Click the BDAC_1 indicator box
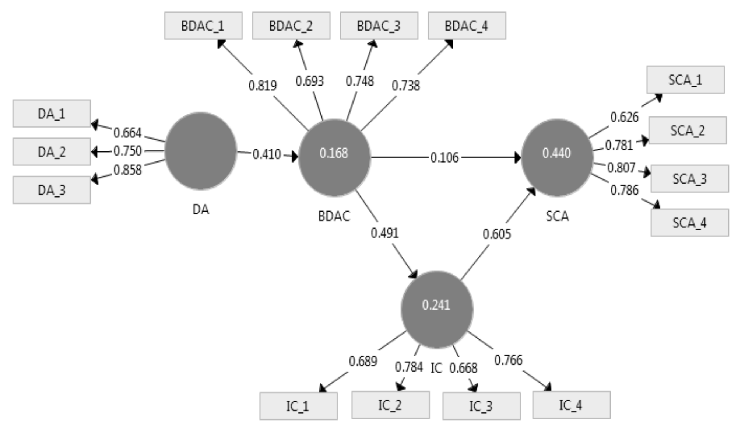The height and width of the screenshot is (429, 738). (x=203, y=26)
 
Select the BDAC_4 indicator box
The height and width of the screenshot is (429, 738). (x=467, y=26)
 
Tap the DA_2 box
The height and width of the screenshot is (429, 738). (x=52, y=152)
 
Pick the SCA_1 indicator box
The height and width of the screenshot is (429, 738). (x=685, y=80)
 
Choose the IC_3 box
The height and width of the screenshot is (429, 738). (x=481, y=406)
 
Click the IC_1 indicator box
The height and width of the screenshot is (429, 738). (x=298, y=406)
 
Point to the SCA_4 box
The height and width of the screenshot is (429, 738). (x=689, y=223)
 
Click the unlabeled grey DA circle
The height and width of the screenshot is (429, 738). (x=201, y=151)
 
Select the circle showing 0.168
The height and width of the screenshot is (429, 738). (x=334, y=157)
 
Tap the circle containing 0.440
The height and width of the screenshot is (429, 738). (x=557, y=157)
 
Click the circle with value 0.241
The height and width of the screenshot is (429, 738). (x=437, y=309)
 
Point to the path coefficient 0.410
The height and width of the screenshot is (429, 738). (x=267, y=154)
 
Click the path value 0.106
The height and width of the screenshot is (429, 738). (x=444, y=158)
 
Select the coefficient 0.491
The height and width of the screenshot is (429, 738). (x=384, y=233)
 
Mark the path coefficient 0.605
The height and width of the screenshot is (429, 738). (x=497, y=234)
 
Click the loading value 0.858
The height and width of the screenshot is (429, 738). (x=127, y=170)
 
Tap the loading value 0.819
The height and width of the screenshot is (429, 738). (x=262, y=86)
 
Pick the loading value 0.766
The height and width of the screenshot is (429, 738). (x=508, y=360)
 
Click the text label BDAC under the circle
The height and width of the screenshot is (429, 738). (x=334, y=216)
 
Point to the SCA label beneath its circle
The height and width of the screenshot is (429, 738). (x=557, y=216)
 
